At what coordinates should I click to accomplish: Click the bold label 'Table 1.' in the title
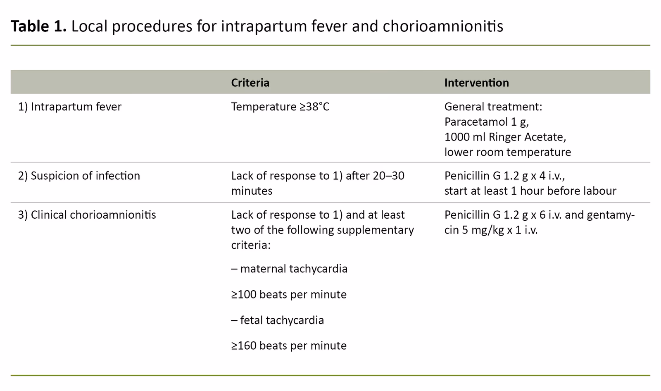coord(38,26)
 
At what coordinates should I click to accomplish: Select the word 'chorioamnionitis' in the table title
coord(443,26)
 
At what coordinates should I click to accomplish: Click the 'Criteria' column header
coord(250,83)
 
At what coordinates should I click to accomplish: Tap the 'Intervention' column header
coord(476,83)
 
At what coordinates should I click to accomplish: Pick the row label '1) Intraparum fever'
coord(69,107)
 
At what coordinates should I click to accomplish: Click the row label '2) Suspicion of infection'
coord(78,176)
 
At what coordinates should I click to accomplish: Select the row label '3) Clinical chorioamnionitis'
coord(87,215)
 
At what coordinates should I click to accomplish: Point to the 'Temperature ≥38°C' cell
coord(280,107)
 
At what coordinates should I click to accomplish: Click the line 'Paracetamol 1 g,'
coord(486,122)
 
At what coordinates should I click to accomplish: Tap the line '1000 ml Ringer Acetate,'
coord(505,137)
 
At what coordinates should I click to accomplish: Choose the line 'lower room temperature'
coord(507,152)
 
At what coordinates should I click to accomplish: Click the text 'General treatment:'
coord(493,107)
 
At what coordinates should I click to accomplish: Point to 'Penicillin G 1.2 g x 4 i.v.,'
coord(504,176)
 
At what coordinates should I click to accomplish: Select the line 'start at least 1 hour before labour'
coord(530,191)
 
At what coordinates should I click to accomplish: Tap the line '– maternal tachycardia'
coord(289,269)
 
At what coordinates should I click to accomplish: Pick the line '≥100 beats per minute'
coord(289,295)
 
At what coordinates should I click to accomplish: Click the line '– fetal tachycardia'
coord(277,320)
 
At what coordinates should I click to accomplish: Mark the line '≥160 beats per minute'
coord(289,346)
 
